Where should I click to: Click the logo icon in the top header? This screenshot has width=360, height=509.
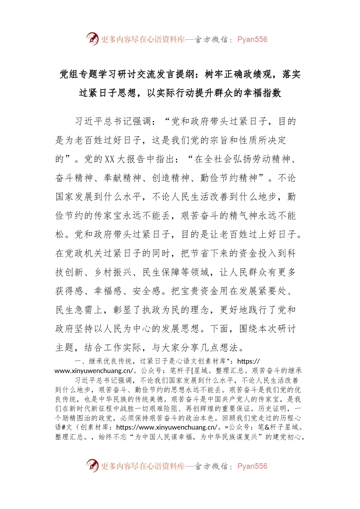click(x=92, y=39)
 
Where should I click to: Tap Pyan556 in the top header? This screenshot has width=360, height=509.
click(x=252, y=39)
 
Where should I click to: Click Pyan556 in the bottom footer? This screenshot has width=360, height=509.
click(x=252, y=466)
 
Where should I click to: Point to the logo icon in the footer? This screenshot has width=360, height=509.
click(x=92, y=465)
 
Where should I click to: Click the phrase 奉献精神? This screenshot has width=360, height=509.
click(x=122, y=178)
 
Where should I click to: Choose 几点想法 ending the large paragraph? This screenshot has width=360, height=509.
click(x=220, y=347)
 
